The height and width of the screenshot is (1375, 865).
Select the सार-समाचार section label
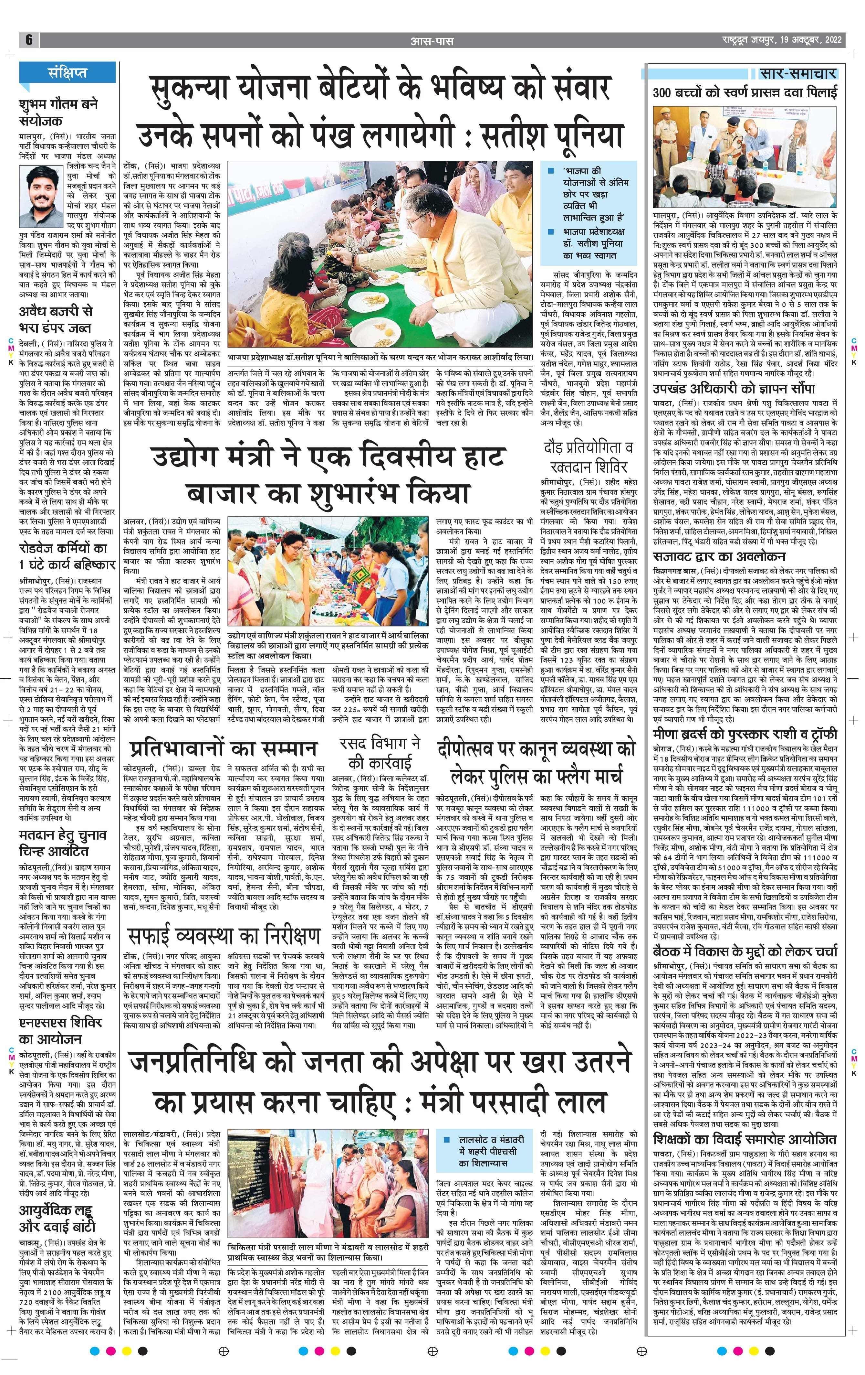798,74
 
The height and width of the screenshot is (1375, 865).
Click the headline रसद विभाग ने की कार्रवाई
380,753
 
